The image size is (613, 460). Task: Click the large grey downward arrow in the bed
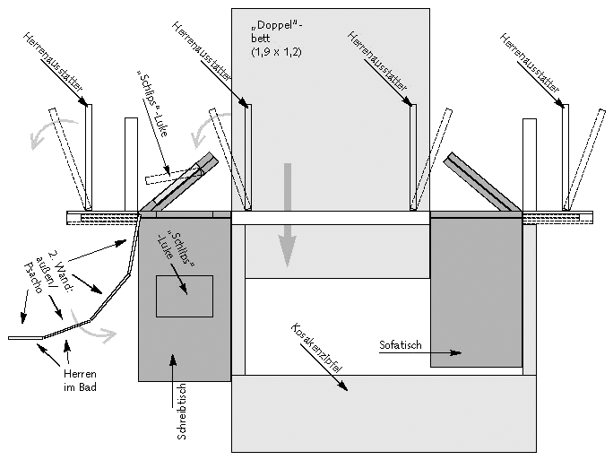pos(286,215)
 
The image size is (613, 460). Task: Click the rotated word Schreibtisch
pos(181,411)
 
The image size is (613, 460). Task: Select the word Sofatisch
pos(401,344)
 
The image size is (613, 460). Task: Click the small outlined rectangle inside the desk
pos(184,296)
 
